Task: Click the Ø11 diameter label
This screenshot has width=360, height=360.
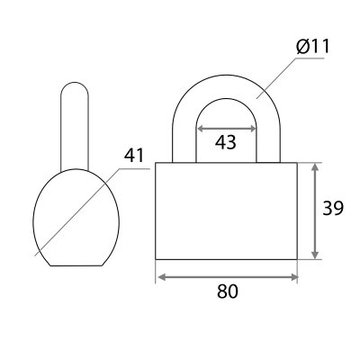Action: click(313, 47)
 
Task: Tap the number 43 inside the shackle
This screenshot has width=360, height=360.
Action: click(226, 142)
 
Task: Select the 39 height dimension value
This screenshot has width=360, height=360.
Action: click(333, 208)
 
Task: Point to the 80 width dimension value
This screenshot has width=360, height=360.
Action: click(228, 291)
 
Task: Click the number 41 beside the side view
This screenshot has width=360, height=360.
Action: click(134, 155)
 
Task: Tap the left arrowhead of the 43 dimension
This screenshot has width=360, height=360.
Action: click(200, 129)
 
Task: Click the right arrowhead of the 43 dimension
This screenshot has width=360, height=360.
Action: click(252, 129)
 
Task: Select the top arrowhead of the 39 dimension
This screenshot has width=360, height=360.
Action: click(315, 167)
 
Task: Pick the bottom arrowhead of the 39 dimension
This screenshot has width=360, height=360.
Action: click(315, 255)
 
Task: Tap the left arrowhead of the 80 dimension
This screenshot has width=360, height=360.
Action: click(161, 277)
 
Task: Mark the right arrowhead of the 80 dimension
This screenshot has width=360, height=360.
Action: click(293, 277)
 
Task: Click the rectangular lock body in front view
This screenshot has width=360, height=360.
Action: click(226, 211)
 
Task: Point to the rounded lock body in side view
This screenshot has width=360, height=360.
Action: click(76, 217)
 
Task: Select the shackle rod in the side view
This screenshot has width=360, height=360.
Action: click(75, 126)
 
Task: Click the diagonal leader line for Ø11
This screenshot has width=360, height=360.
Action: click(275, 78)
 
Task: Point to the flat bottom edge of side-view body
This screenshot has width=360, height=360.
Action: click(76, 265)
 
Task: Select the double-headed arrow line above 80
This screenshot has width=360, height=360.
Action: click(228, 277)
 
